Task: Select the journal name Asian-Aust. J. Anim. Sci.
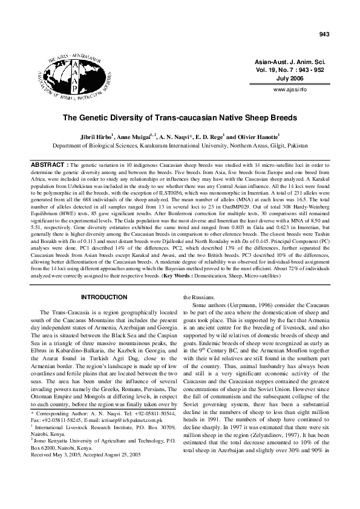(290, 62)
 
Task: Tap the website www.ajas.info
(290, 89)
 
